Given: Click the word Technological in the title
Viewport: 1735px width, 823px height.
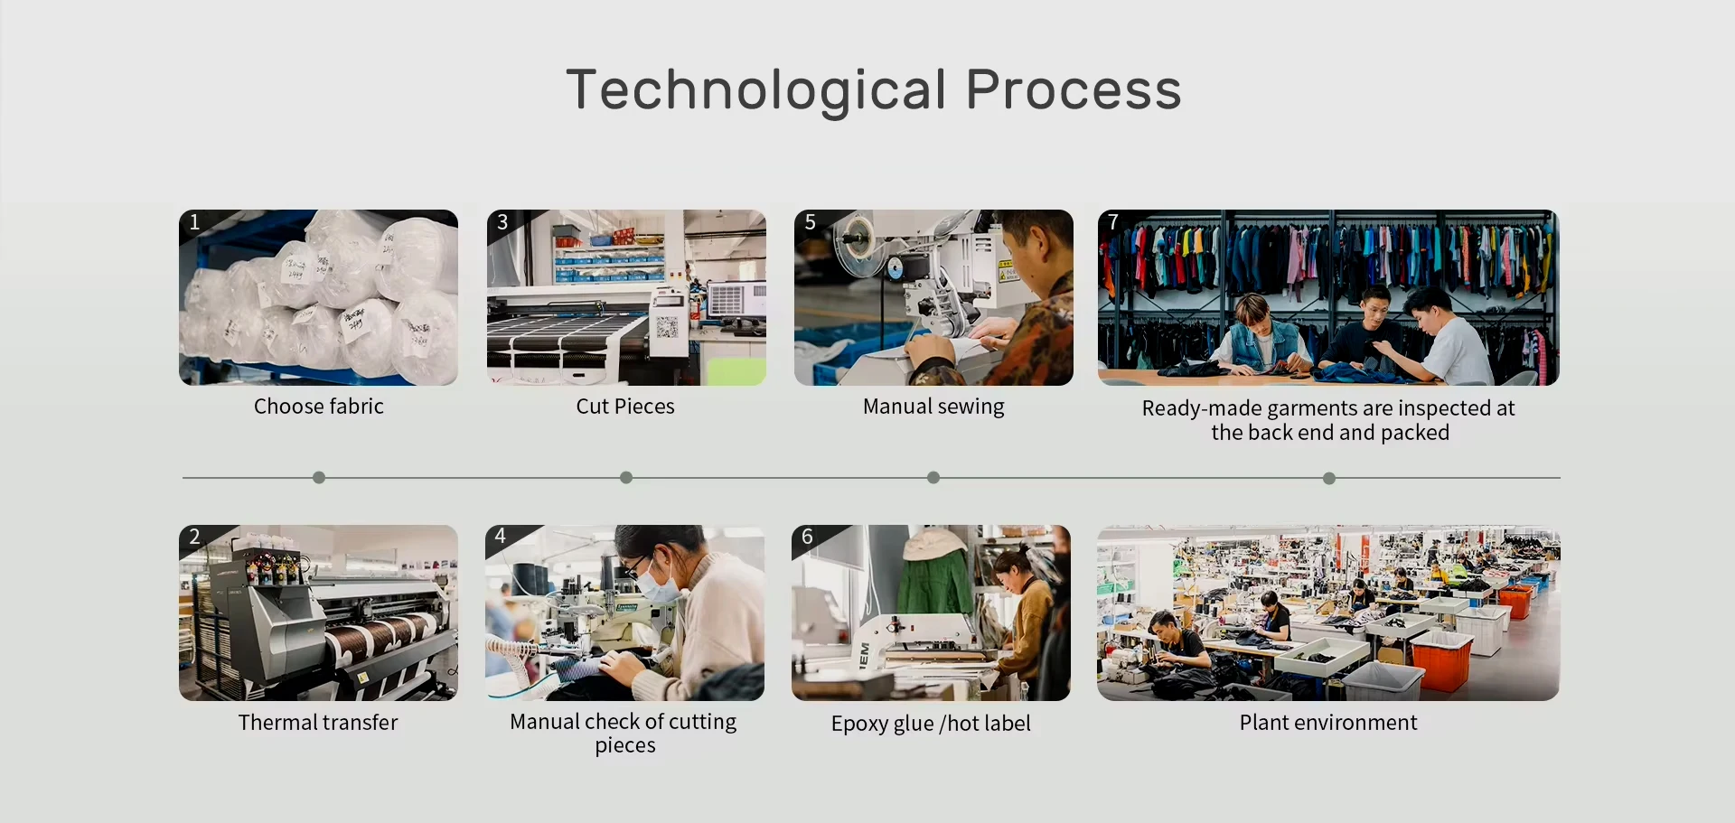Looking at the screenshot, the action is [x=757, y=90].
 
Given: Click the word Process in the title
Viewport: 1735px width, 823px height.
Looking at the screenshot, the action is [x=1074, y=90].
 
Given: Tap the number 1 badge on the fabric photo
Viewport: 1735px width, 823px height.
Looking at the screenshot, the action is [x=193, y=222].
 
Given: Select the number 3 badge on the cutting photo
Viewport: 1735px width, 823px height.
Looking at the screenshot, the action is [x=502, y=222].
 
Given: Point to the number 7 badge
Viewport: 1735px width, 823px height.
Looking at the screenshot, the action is [x=1113, y=222].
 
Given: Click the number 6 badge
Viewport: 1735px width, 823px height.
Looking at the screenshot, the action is [x=807, y=537].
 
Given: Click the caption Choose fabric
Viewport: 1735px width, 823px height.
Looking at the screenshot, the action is [x=319, y=407].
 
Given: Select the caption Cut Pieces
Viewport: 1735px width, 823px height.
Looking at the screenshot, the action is [x=625, y=407].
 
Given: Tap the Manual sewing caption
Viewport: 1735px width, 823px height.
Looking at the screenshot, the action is [x=933, y=407].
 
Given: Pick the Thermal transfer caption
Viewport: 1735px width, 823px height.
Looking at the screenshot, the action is [x=318, y=723].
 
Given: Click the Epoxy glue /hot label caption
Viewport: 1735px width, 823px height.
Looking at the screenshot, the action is [x=931, y=724].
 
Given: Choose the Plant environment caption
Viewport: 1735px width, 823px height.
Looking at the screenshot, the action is [x=1328, y=723].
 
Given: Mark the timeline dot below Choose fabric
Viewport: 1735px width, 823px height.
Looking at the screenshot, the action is [x=319, y=477].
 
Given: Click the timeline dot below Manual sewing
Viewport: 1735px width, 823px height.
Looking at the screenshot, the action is [x=933, y=477].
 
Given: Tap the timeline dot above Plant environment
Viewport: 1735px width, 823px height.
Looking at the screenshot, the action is [x=1329, y=478].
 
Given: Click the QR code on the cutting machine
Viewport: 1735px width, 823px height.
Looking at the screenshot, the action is [x=667, y=327].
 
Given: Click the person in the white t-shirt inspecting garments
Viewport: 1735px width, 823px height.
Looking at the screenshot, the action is [x=1443, y=336].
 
